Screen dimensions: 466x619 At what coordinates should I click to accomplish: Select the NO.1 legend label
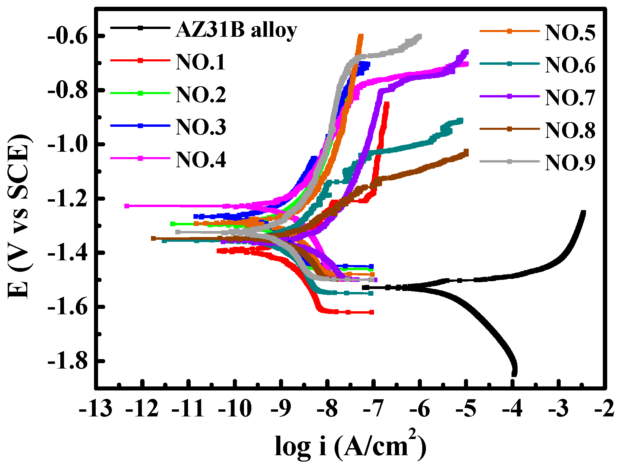[x=200, y=62]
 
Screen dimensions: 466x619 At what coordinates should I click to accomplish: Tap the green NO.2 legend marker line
[x=140, y=93]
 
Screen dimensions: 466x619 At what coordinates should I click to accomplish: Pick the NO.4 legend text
[x=200, y=159]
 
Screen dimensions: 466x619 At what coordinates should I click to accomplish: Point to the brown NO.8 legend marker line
[x=509, y=129]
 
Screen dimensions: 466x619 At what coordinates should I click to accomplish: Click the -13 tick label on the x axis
[x=96, y=409]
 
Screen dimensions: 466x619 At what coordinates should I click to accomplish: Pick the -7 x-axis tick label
[x=373, y=409]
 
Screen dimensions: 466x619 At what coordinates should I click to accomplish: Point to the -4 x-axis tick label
[x=512, y=409]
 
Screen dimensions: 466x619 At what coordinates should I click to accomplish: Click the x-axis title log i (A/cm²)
[x=350, y=445]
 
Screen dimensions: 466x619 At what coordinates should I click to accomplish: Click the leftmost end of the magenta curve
[x=127, y=206]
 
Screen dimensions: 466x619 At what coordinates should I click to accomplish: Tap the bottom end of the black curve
[x=514, y=374]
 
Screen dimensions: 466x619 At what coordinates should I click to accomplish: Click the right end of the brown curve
[x=466, y=152]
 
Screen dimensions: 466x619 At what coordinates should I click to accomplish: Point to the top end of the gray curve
[x=419, y=36]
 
